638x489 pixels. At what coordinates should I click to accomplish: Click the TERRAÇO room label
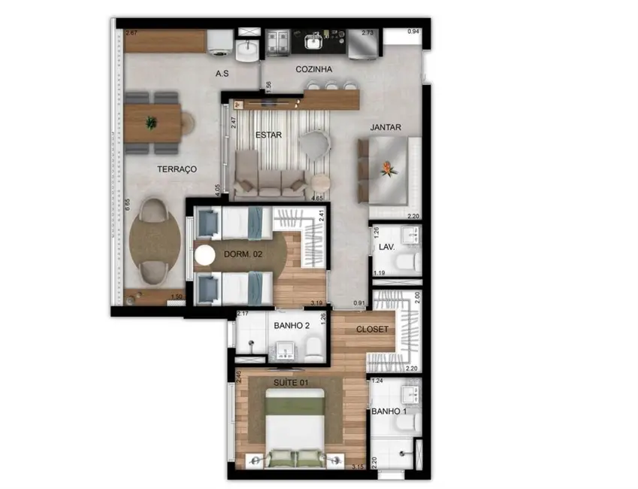(x=177, y=169)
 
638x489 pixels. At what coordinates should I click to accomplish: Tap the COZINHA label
(x=314, y=69)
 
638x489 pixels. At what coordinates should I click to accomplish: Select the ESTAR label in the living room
(x=268, y=135)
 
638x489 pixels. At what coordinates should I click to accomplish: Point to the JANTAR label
(x=386, y=128)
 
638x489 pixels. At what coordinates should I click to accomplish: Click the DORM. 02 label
(x=243, y=254)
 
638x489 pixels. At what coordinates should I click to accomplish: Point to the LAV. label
(x=388, y=246)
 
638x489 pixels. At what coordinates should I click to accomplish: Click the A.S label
(x=222, y=74)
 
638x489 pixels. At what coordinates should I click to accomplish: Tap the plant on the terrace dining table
(x=153, y=122)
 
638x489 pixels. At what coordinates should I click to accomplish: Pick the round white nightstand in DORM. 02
(x=204, y=256)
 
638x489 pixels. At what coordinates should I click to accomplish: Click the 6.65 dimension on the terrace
(x=128, y=205)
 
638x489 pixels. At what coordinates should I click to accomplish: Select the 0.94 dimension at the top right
(x=413, y=32)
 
